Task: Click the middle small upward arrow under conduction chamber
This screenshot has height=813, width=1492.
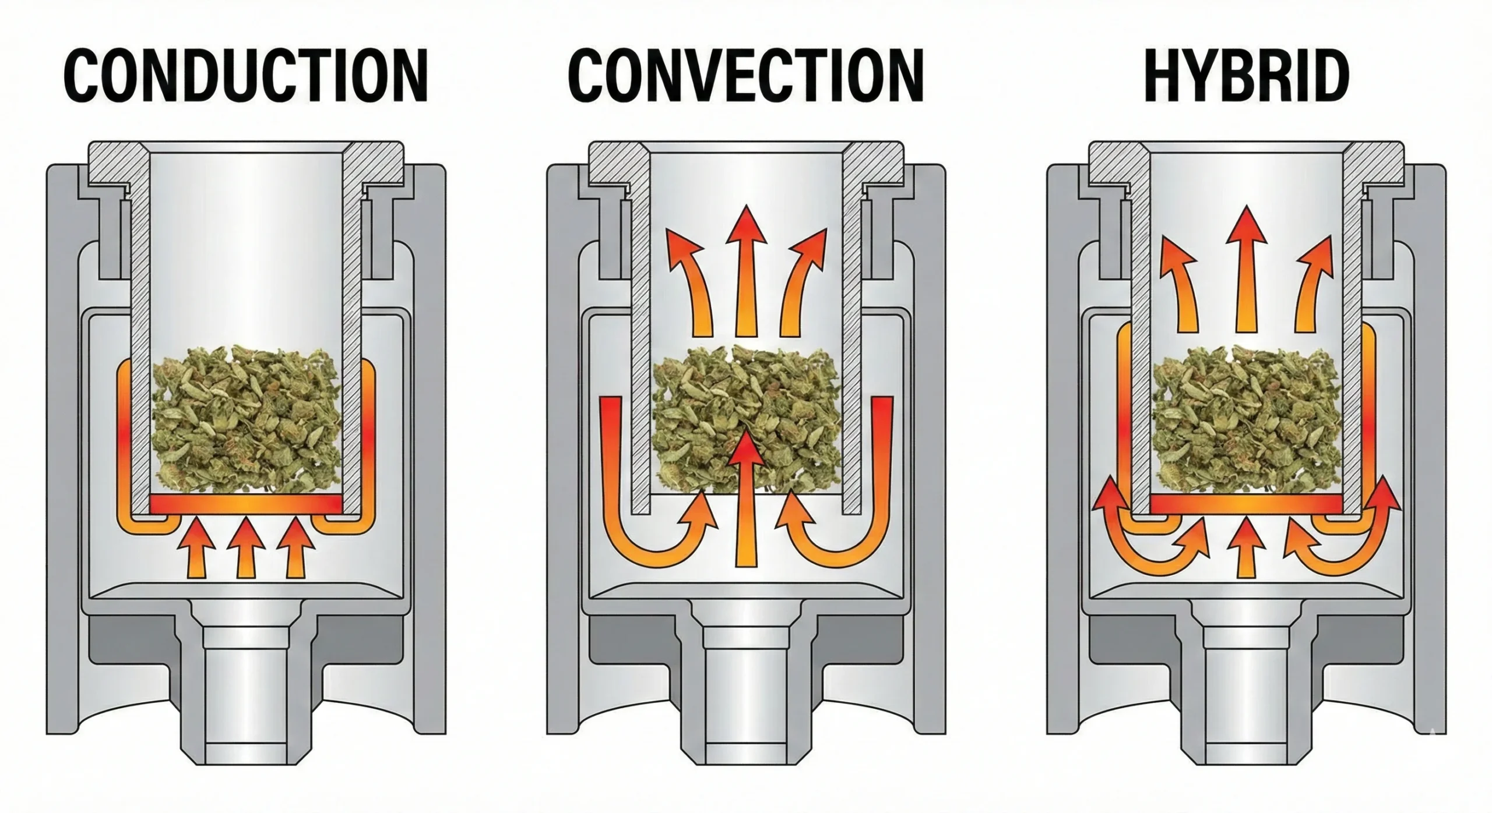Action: [245, 547]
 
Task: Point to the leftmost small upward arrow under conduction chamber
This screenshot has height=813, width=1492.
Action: [195, 547]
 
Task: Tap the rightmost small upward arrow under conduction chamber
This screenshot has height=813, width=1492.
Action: [295, 547]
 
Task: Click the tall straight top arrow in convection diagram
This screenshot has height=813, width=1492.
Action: [746, 274]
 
